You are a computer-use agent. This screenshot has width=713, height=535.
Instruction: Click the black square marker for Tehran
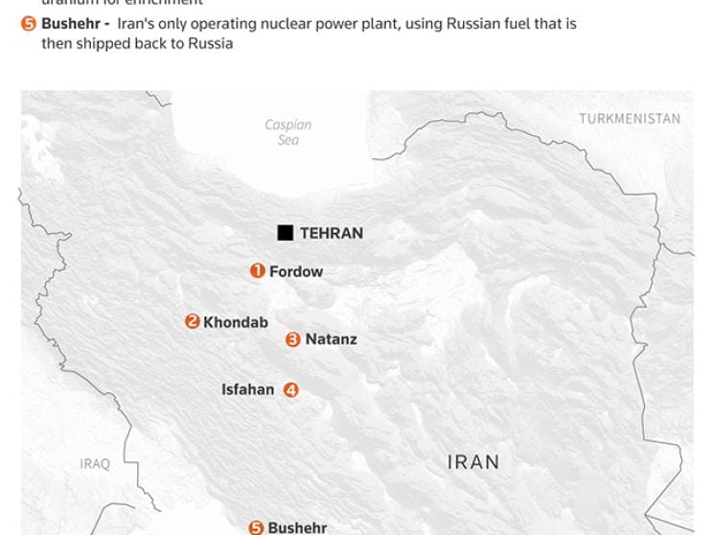pos(285,233)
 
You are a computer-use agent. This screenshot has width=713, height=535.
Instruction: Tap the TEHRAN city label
pos(332,233)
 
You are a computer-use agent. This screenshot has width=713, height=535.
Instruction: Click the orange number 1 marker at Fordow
pos(257,271)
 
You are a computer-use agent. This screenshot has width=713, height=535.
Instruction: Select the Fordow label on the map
pos(296,271)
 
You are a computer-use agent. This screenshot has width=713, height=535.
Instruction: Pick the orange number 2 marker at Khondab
pos(193,322)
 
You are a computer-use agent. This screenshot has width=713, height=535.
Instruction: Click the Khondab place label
pos(236,322)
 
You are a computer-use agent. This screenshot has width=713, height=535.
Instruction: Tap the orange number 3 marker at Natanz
pos(293,339)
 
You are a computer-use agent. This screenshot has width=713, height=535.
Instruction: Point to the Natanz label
pos(331,339)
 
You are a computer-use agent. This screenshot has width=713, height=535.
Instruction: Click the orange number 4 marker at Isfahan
pos(290,390)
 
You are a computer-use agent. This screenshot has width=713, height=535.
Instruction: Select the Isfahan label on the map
pos(247,389)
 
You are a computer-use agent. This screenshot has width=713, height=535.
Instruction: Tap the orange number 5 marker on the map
pos(256,528)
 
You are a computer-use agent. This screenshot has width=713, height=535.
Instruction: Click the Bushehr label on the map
pos(297,528)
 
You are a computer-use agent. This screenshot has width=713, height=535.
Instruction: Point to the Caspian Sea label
pos(288,132)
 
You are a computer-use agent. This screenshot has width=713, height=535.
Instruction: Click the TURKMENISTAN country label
pos(630,119)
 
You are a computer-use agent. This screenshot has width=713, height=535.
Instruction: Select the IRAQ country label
pos(95,464)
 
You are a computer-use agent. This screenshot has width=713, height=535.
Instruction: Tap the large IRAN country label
pos(473,462)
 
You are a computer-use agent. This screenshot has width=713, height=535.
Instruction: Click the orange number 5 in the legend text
pos(29,24)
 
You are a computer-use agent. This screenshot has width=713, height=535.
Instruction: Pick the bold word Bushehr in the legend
pos(70,23)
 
